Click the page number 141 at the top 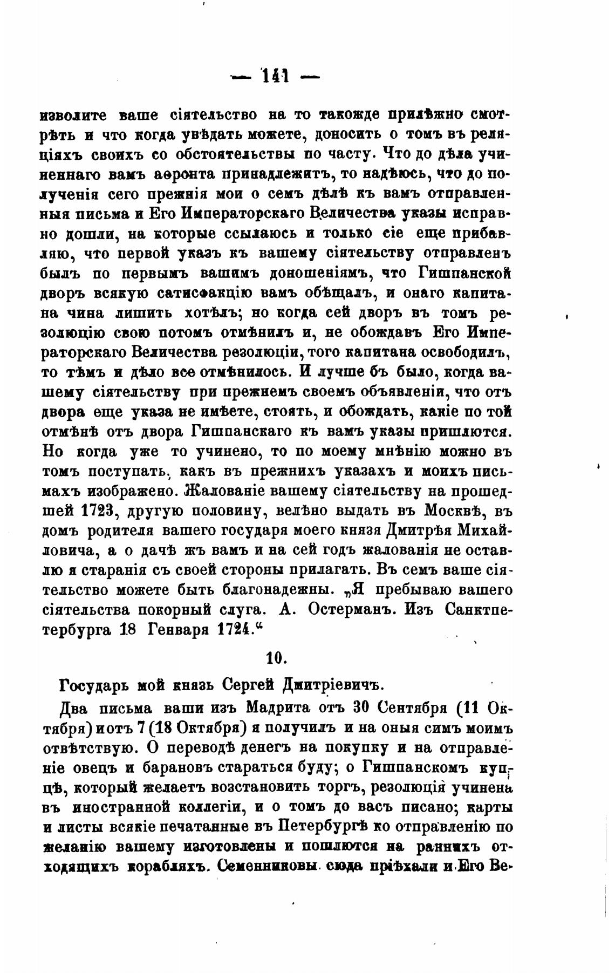pos(276,76)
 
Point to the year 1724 pos(229,629)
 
